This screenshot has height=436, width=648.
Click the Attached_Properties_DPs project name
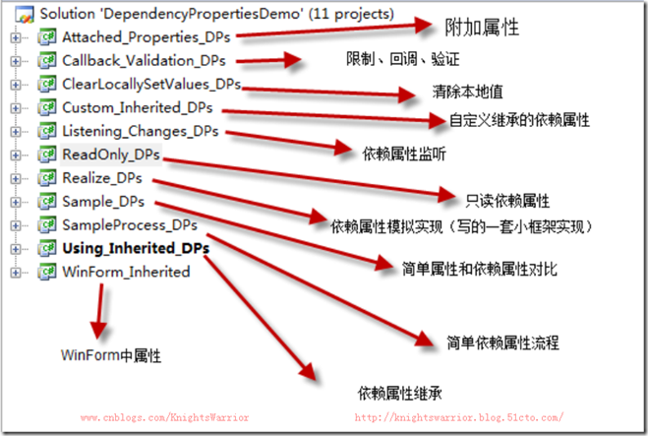147,37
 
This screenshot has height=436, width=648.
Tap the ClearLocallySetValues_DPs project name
150,85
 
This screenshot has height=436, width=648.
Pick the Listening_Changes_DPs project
140,131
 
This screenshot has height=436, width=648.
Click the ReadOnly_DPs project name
110,155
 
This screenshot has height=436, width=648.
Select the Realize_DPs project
101,178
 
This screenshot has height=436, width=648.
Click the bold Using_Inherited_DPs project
135,248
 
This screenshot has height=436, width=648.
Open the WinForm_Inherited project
126,272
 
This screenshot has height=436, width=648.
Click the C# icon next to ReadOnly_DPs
45,155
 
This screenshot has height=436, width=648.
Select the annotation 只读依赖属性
507,200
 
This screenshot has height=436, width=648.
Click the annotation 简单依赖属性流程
502,343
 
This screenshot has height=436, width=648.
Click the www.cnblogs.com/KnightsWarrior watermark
164,417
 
